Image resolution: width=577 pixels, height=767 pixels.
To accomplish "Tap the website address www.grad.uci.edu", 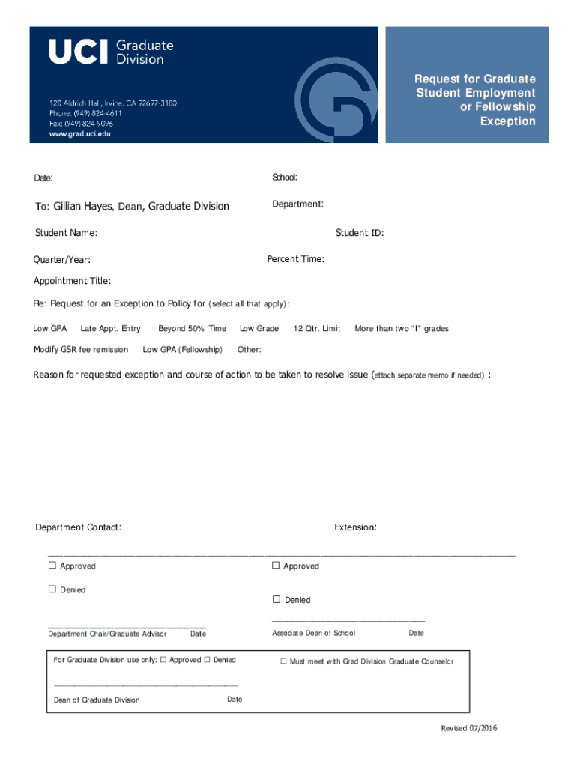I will [79, 134].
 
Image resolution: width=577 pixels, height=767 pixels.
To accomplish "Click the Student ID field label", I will [360, 233].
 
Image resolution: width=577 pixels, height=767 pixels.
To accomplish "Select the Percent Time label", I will [296, 259].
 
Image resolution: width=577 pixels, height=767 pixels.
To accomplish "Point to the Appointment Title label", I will [73, 281].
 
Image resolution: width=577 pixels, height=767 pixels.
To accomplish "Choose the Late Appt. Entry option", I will [110, 329].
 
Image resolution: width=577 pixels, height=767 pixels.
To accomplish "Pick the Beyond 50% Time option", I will [192, 329].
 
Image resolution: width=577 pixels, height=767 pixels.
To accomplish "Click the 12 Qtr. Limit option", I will [317, 329].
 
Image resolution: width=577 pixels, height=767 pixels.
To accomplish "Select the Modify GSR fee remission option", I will [81, 350].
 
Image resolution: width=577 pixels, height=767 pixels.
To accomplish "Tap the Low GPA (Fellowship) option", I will [182, 350].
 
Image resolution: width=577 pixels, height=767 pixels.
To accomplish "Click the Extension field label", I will [355, 527].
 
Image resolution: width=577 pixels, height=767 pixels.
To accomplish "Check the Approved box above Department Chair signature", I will [52, 566].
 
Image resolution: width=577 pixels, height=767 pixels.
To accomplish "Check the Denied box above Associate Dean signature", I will [277, 599].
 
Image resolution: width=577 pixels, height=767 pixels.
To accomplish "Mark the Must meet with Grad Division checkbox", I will [284, 661].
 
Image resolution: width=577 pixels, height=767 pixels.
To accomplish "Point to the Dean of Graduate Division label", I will [97, 700].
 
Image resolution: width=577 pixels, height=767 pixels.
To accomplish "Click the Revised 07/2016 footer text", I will [470, 729].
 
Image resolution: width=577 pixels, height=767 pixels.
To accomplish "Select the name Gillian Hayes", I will [83, 207].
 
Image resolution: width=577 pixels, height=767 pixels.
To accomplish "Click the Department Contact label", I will [79, 527].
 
